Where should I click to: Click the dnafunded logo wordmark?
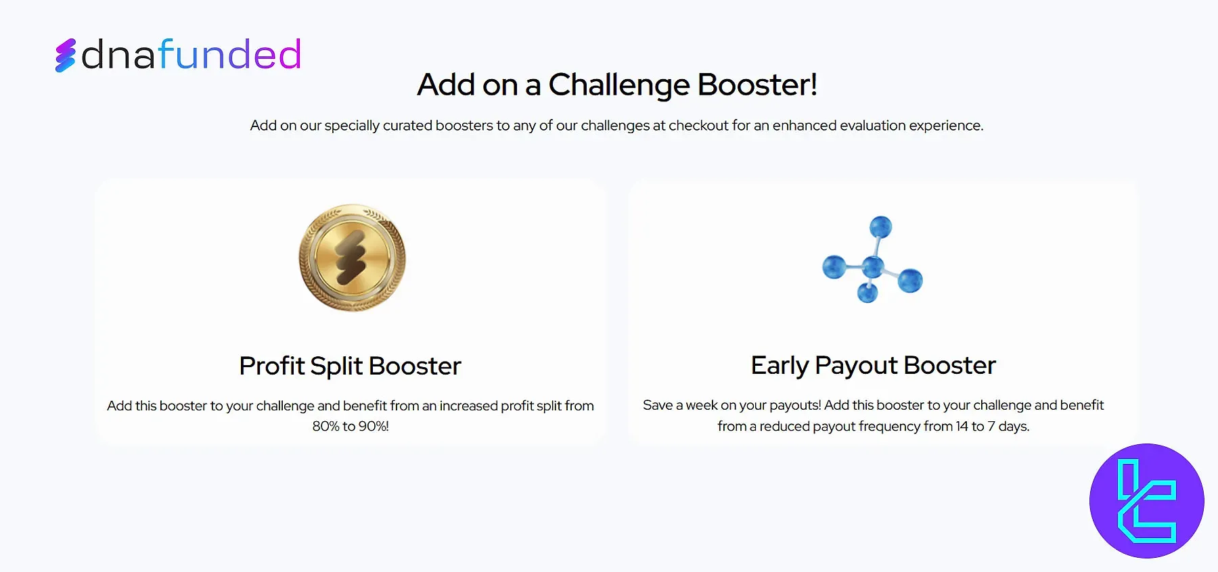coord(191,55)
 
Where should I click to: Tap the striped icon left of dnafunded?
coord(65,55)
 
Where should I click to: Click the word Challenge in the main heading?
coord(618,86)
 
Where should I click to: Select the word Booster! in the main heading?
coord(757,85)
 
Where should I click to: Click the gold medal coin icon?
coord(353,258)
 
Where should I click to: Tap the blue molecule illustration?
coord(872,259)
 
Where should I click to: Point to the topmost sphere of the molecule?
coord(880,227)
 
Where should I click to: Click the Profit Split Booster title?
coord(350,366)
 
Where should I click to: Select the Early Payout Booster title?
coord(873,366)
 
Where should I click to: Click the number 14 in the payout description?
coord(962,426)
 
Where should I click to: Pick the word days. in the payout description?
coord(1014,426)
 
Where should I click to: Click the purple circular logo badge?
coord(1146,501)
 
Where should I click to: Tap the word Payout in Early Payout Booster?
coord(856,366)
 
